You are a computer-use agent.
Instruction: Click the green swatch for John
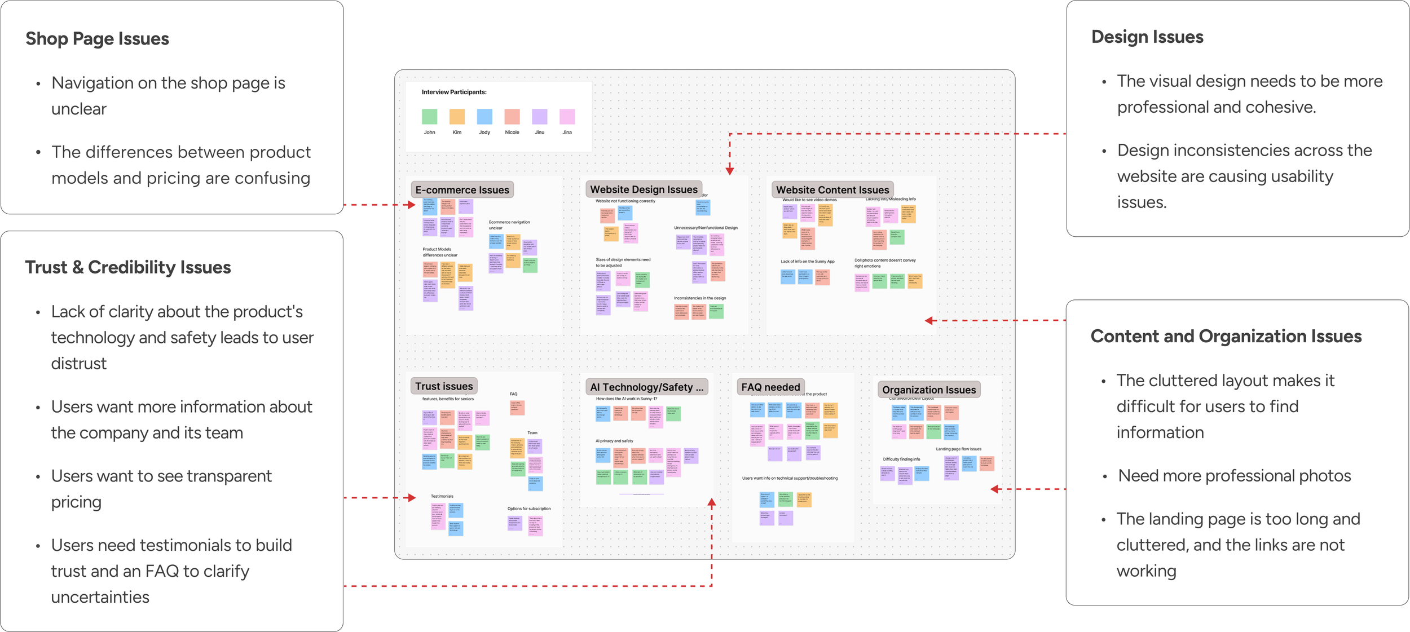coord(429,117)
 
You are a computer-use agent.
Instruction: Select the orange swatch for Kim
coord(457,117)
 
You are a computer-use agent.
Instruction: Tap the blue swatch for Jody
coord(484,117)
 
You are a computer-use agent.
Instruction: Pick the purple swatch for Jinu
coord(540,117)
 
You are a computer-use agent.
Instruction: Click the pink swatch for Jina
coord(567,117)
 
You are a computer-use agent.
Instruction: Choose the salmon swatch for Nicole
coord(512,117)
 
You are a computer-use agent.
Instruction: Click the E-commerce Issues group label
coord(462,190)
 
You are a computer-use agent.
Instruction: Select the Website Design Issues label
coord(644,189)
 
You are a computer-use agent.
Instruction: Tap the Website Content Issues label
coord(832,190)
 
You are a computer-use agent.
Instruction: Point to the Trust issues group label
coord(444,386)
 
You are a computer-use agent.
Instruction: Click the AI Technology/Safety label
coord(646,387)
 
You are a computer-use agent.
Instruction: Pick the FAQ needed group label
coord(770,387)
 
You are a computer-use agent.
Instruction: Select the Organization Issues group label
coord(928,390)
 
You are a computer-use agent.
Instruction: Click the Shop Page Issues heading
coord(97,38)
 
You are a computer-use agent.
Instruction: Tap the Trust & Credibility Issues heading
coord(128,267)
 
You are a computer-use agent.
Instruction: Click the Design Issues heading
coord(1147,37)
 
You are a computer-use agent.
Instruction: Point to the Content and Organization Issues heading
coord(1226,336)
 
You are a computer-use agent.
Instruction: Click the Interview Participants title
coord(454,92)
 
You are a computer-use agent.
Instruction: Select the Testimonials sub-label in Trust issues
coord(442,496)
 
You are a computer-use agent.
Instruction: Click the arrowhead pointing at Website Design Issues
coord(729,171)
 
